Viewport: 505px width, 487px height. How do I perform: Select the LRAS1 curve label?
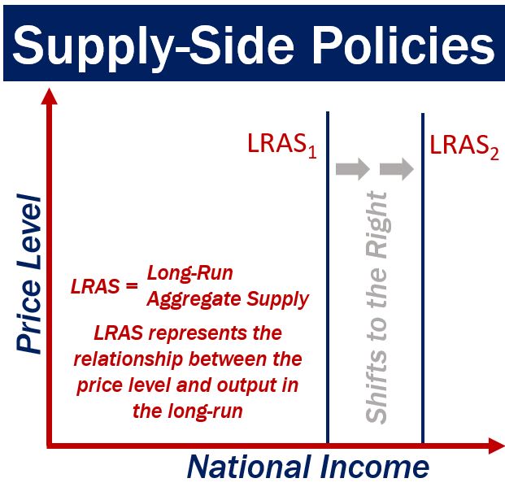click(x=282, y=146)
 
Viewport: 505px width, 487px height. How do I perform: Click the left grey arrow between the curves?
click(x=353, y=169)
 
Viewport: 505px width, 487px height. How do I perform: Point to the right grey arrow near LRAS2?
click(x=397, y=169)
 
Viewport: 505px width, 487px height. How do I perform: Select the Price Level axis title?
click(x=29, y=274)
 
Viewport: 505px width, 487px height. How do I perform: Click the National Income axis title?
click(x=308, y=467)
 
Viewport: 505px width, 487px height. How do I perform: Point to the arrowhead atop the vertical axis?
click(x=50, y=96)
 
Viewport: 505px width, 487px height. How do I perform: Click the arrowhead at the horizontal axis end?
click(x=497, y=446)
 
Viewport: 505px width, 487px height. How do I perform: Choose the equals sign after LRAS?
click(x=132, y=285)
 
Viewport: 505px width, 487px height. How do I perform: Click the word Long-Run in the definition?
click(x=190, y=273)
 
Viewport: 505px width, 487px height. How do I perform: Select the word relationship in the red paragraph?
click(x=129, y=359)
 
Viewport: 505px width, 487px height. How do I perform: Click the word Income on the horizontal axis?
click(x=375, y=467)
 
